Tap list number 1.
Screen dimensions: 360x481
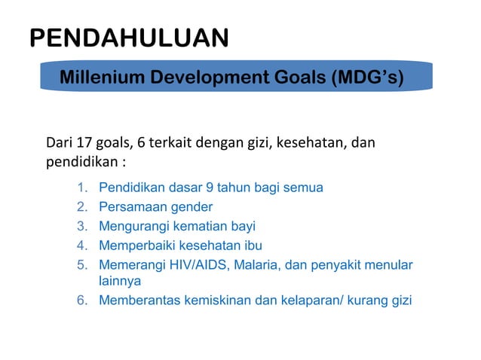tap(83, 188)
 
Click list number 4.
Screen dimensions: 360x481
tap(83, 245)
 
